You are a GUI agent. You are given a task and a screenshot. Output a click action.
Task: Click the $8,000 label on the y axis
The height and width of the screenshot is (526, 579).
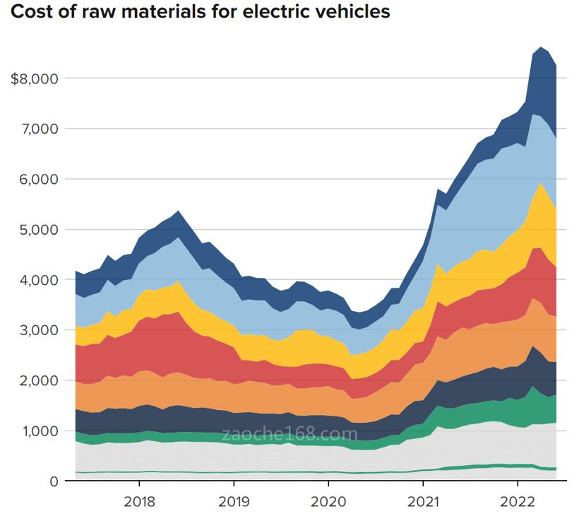click(35, 78)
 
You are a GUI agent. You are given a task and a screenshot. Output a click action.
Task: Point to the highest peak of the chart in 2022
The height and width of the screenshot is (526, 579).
click(541, 48)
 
